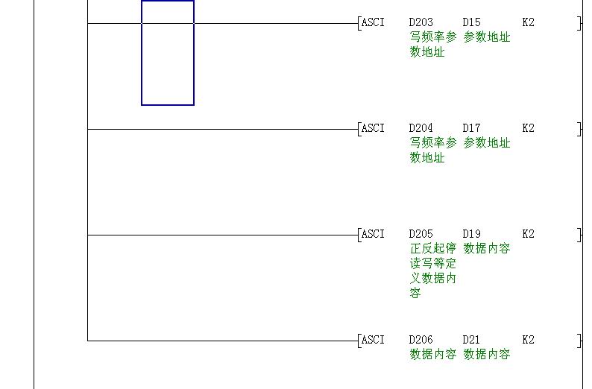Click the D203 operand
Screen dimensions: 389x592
[421, 22]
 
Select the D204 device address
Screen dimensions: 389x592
[421, 128]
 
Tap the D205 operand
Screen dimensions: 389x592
[421, 234]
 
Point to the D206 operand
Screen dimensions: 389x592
[421, 340]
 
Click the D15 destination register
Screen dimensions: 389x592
[471, 22]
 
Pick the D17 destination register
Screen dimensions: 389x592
[471, 128]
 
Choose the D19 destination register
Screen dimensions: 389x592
[471, 234]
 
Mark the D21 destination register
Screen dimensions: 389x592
[471, 340]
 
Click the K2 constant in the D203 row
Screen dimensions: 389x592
[528, 22]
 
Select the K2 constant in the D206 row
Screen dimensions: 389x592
[528, 340]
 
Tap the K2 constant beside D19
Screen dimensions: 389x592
[528, 234]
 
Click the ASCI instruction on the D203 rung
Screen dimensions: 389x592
[373, 22]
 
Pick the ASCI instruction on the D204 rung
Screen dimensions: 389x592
[373, 128]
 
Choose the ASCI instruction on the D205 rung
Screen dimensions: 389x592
[373, 234]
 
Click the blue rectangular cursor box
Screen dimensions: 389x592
[168, 53]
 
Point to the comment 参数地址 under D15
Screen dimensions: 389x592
[487, 37]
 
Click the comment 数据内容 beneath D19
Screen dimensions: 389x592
[487, 249]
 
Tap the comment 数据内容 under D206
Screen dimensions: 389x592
[433, 355]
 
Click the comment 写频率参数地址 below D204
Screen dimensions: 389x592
[433, 150]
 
